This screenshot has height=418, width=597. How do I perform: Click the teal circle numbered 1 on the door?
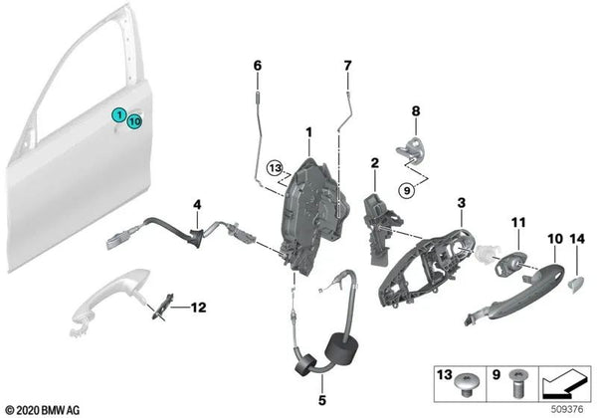(118, 115)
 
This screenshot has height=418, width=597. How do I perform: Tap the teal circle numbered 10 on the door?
(134, 121)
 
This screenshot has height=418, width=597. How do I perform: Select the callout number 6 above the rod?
(257, 66)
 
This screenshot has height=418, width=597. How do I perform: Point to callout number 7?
(347, 66)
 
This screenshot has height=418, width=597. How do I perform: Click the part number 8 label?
(417, 111)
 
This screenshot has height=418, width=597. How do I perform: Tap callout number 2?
(375, 162)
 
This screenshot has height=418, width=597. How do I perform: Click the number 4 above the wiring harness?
(197, 205)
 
